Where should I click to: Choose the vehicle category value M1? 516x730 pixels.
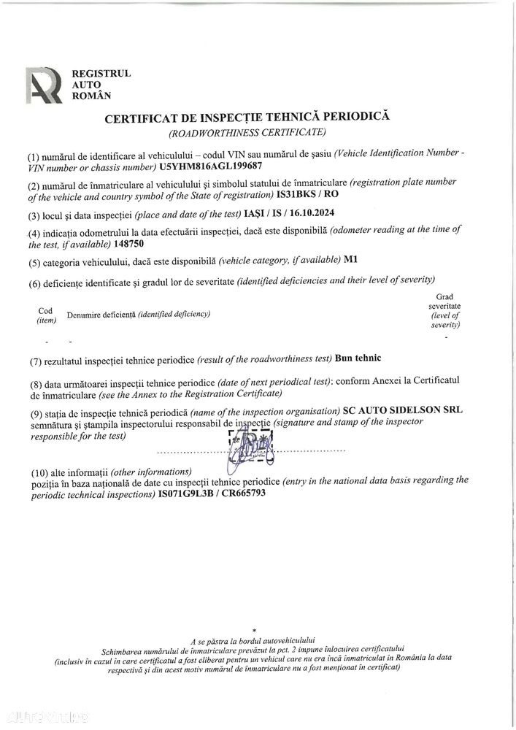[x=350, y=260]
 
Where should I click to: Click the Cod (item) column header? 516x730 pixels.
[x=45, y=314]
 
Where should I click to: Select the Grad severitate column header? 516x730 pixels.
[x=444, y=310]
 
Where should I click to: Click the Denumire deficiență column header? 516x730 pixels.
[x=138, y=314]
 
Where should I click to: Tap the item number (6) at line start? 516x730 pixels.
[x=34, y=283]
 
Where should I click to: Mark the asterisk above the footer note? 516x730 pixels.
[x=254, y=629]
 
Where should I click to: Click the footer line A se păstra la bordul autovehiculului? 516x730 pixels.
[x=253, y=639]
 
